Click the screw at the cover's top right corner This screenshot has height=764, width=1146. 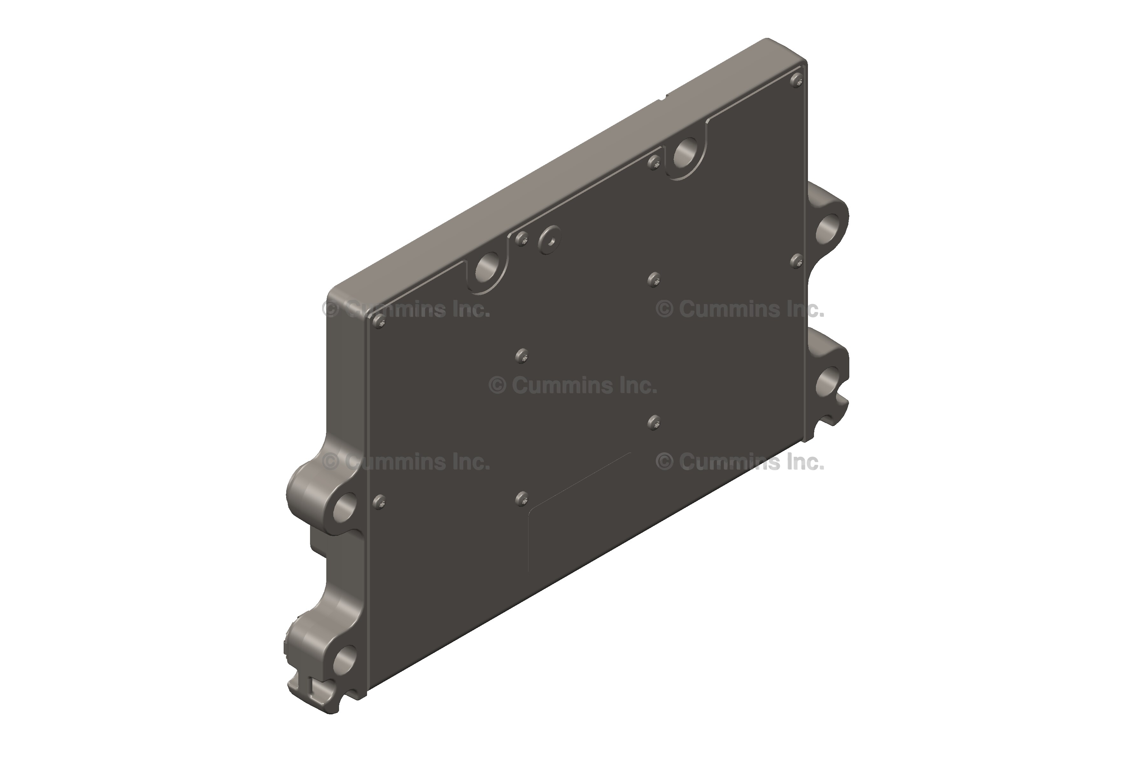coord(796,79)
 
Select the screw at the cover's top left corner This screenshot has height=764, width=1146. coord(379,321)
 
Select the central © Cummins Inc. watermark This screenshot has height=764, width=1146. coord(573,386)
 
